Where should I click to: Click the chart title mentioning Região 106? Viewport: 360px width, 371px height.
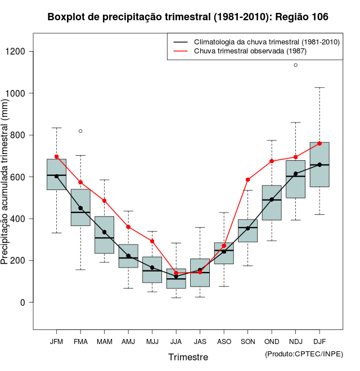tap(188, 17)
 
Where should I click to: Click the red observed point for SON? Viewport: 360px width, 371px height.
tap(247, 180)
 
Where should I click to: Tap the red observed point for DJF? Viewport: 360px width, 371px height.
tap(319, 143)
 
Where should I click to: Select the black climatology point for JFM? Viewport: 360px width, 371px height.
tap(56, 176)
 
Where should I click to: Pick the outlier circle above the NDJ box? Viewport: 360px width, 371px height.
tap(296, 65)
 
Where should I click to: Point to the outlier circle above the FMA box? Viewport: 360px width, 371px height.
tap(80, 131)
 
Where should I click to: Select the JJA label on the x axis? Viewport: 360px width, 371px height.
tap(176, 342)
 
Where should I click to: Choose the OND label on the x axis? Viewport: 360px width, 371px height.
tap(272, 342)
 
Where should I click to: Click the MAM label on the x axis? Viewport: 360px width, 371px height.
tap(104, 342)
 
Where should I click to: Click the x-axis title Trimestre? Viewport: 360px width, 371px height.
tap(188, 357)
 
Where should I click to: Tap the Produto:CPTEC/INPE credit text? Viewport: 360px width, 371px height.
tap(304, 354)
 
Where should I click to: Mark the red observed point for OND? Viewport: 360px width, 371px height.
tap(272, 161)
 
